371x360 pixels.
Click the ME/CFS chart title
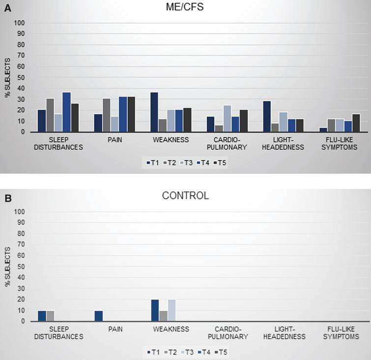[185, 7]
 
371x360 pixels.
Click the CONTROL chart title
[185, 196]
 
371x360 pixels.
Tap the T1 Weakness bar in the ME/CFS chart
[154, 112]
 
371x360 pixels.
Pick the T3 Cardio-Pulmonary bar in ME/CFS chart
[227, 119]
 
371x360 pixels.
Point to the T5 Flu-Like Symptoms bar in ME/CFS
[356, 123]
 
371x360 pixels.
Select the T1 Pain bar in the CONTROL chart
[98, 316]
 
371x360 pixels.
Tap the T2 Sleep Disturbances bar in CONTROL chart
[51, 316]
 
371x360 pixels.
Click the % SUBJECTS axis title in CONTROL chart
[7, 267]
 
